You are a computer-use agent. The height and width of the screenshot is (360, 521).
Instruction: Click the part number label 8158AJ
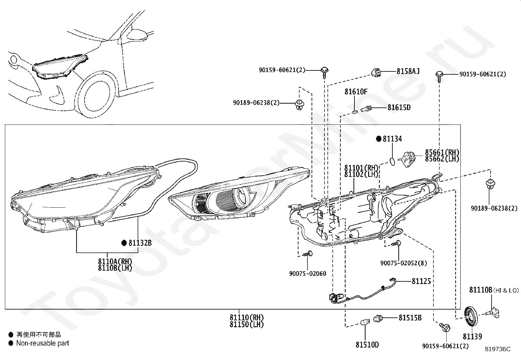pos(408,71)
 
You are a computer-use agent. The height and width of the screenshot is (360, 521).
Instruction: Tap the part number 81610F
pos(356,91)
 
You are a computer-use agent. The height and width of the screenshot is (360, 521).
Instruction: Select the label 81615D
pos(399,107)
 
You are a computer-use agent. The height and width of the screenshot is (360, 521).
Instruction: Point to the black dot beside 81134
pos(379,139)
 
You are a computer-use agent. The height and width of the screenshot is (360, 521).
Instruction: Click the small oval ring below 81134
pos(392,161)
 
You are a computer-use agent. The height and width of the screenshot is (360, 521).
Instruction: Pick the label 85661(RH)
pos(442,152)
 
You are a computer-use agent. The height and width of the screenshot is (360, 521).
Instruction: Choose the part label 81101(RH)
pos(361,168)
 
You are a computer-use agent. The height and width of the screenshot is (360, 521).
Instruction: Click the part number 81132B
pos(140,243)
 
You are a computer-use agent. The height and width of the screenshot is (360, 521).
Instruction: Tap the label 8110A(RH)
pos(115,261)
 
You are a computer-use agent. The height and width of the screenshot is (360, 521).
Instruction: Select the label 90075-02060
pos(308,274)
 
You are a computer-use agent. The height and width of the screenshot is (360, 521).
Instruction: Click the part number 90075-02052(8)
pos(404,263)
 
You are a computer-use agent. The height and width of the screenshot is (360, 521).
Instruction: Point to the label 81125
pos(421,281)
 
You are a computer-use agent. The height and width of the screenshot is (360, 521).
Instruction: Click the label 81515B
pos(410,318)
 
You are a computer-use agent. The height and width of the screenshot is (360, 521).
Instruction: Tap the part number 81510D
pos(367,345)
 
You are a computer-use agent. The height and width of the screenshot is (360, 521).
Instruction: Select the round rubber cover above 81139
pos(471,317)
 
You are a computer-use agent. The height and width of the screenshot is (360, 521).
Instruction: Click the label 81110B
pos(480,290)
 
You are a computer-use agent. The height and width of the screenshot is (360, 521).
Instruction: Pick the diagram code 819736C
pos(498,349)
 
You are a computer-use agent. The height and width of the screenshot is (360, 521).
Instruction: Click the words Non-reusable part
pos(43,343)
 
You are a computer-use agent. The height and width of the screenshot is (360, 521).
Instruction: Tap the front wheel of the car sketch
pos(97,95)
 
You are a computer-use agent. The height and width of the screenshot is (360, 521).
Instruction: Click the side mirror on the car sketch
pos(138,34)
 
